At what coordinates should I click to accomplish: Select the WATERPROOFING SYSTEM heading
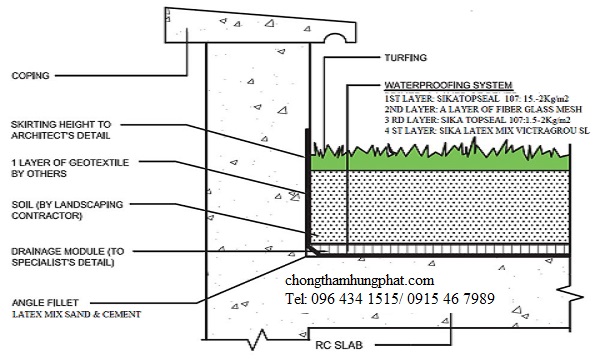[x=448, y=86]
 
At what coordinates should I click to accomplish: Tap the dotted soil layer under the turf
[x=440, y=205]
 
